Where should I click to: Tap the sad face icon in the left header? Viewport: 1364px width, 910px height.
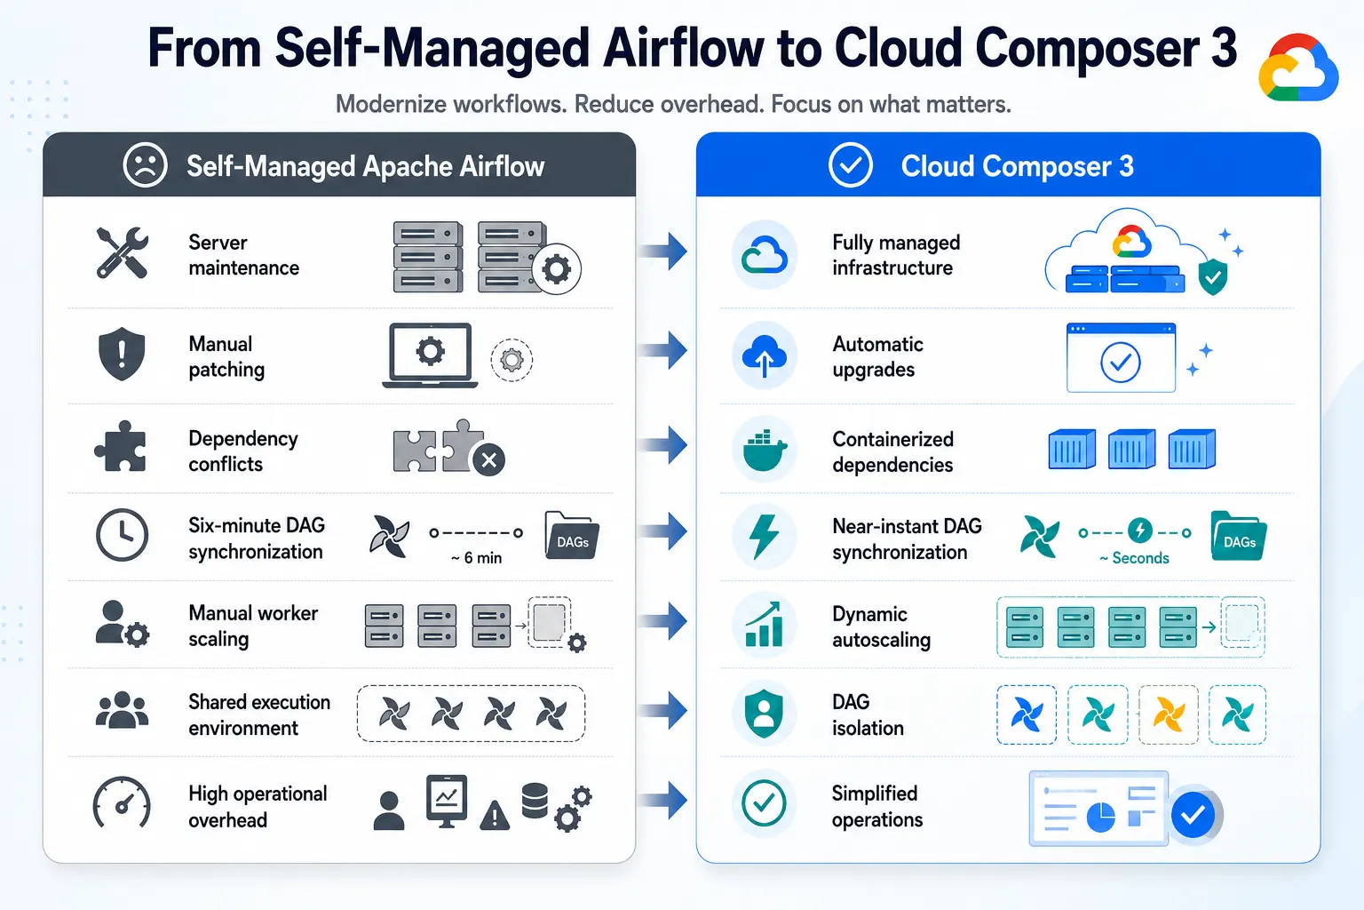(x=145, y=165)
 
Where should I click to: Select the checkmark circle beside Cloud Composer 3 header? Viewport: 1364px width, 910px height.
(x=850, y=165)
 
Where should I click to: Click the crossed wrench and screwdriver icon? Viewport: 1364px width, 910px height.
(x=122, y=253)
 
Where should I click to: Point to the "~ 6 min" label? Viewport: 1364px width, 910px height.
(x=476, y=558)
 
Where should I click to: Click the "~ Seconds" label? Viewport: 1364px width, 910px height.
(x=1134, y=558)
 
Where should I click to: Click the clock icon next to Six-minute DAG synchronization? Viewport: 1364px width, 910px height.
(x=122, y=535)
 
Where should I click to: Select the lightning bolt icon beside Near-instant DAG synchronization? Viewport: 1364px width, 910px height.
(x=765, y=537)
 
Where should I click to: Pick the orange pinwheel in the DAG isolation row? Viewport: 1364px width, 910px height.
(x=1169, y=714)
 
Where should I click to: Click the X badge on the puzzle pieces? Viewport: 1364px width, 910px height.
(x=489, y=460)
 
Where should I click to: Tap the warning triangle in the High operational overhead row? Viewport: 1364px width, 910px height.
(x=495, y=815)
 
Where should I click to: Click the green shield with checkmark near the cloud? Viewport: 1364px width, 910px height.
(x=1213, y=276)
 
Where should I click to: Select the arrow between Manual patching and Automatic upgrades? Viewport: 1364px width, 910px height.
(x=663, y=350)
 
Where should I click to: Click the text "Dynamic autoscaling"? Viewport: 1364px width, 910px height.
(x=882, y=627)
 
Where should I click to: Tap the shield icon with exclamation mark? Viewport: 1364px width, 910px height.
(x=122, y=354)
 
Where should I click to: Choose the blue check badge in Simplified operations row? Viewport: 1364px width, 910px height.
(x=1193, y=814)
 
